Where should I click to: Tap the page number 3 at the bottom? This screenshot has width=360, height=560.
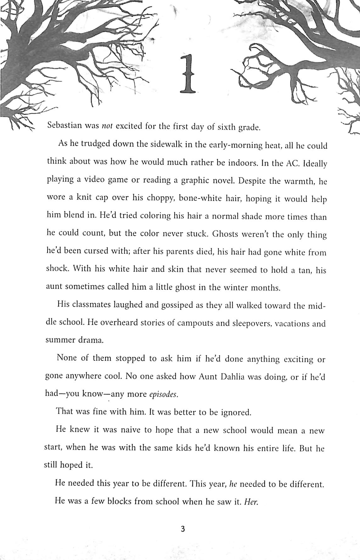point(183,529)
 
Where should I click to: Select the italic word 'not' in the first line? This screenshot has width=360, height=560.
point(107,126)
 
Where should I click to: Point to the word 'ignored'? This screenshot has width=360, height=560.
point(236,412)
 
